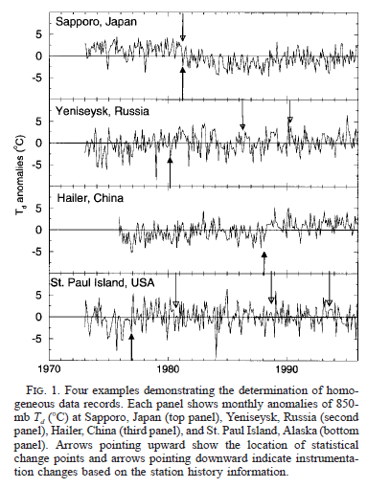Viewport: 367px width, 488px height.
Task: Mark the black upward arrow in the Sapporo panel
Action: point(181,80)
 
